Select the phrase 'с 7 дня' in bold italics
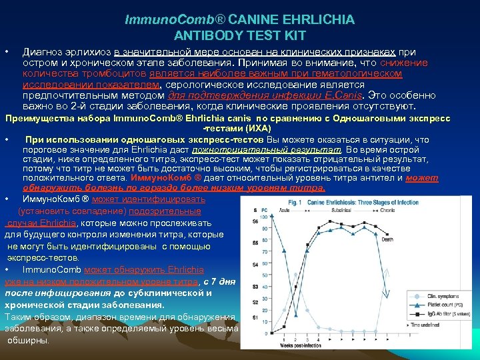tap(220, 281)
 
